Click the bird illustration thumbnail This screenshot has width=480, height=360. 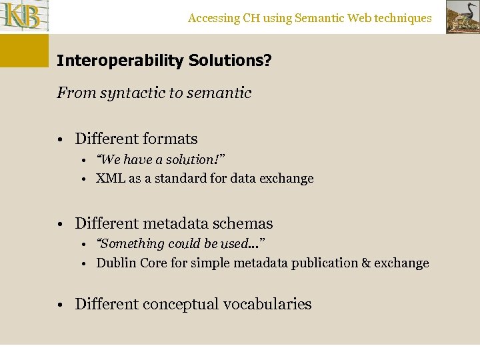tap(462, 17)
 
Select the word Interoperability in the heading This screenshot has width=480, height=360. tap(120, 61)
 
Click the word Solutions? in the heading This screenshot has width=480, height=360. tap(230, 61)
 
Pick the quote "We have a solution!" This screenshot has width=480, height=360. tap(161, 159)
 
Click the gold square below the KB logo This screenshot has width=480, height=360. tap(24, 50)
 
